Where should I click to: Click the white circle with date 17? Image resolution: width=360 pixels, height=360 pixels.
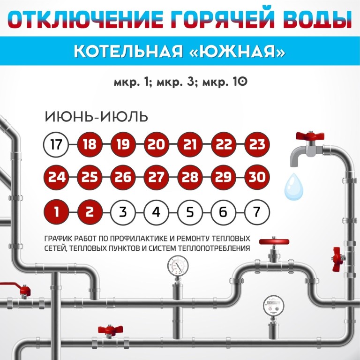click(56, 144)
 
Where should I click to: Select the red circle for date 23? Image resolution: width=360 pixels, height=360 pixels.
click(257, 144)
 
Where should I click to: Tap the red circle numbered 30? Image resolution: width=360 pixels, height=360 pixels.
click(257, 177)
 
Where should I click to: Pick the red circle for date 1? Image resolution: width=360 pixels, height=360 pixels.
click(56, 212)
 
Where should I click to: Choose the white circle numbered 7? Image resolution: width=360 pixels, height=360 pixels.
click(257, 212)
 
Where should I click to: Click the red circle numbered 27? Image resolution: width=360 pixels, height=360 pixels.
click(157, 177)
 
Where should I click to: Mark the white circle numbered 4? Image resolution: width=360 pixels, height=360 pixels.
click(157, 212)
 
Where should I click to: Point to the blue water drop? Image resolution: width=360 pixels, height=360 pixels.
click(293, 187)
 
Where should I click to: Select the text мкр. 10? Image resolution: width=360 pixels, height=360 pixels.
click(225, 82)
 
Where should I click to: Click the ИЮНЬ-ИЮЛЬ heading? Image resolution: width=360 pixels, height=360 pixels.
click(97, 117)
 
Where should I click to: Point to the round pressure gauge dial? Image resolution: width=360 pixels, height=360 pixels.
click(178, 266)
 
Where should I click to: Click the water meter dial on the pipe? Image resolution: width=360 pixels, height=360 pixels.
click(273, 306)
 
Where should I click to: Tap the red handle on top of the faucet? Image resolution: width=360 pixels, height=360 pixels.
click(310, 135)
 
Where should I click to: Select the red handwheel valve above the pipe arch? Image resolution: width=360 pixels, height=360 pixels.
click(274, 242)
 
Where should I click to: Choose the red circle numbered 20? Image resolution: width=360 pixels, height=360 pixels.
click(157, 144)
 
